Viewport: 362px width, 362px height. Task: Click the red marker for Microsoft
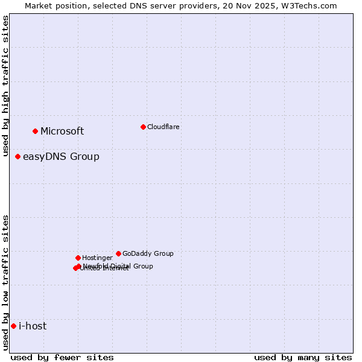(x=35, y=131)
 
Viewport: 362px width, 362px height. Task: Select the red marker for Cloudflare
(x=143, y=127)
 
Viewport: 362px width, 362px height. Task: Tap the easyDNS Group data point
(x=17, y=156)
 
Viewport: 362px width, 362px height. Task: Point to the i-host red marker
(x=13, y=326)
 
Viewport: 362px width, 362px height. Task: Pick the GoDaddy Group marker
(x=118, y=253)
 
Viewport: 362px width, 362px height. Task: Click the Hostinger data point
(x=78, y=258)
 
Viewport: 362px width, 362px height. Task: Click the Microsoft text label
(x=62, y=132)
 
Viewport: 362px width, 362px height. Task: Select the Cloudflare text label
(x=163, y=127)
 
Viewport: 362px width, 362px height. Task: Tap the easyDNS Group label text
(x=61, y=157)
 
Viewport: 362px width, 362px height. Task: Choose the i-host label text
(x=33, y=326)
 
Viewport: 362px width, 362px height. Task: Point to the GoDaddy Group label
(x=148, y=254)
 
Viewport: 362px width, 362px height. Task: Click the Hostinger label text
(x=97, y=258)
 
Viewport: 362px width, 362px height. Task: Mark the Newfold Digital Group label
(x=118, y=266)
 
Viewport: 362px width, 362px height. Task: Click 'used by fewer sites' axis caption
(x=62, y=357)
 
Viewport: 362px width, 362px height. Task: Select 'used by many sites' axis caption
(x=303, y=357)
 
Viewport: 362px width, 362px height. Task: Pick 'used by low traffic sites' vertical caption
(x=6, y=282)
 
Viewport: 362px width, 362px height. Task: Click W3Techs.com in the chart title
(x=306, y=5)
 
